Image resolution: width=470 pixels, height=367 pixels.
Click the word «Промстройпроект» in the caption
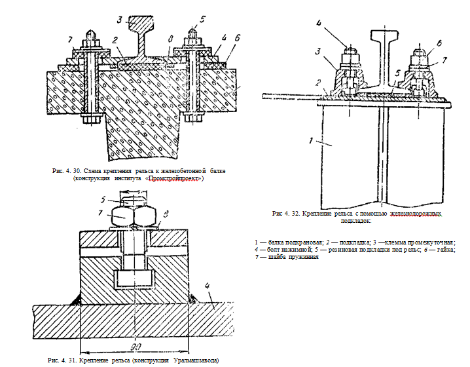(x=175, y=178)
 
